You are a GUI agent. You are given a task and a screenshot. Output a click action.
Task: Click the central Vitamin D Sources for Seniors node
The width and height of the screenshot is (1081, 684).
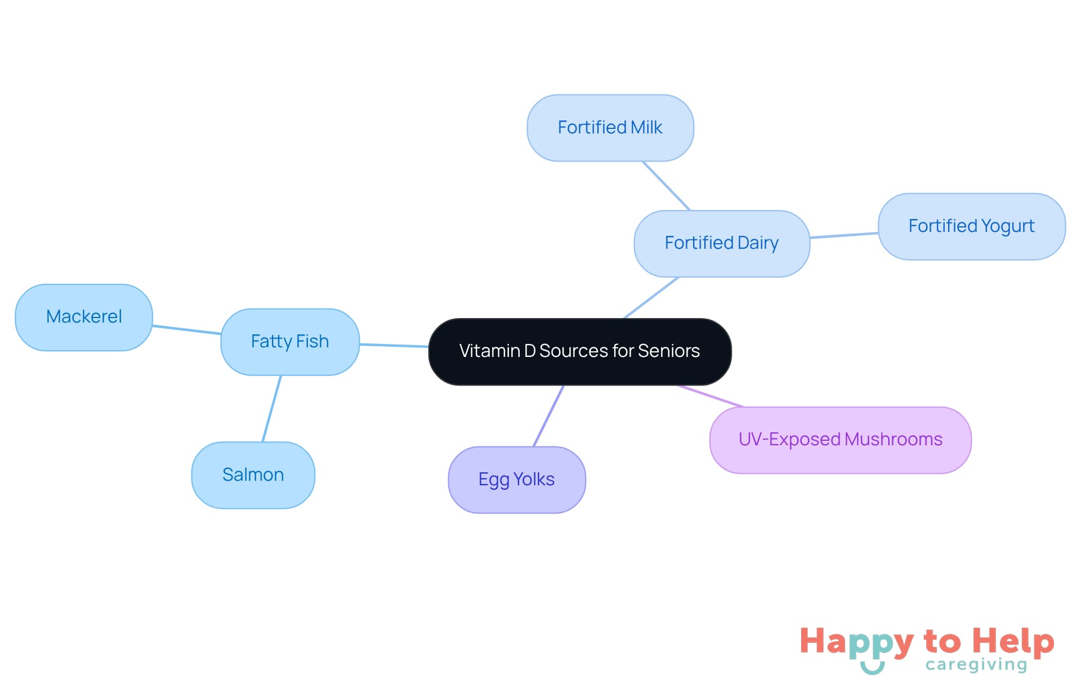pyautogui.click(x=580, y=352)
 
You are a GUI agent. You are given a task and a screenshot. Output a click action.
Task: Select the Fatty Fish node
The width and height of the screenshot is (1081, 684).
pyautogui.click(x=290, y=342)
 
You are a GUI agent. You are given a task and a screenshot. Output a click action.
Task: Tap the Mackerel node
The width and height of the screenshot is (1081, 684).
pyautogui.click(x=84, y=318)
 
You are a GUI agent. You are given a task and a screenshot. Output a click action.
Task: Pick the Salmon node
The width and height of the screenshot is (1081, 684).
pyautogui.click(x=253, y=475)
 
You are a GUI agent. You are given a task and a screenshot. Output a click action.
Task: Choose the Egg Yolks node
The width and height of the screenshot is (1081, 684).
pyautogui.click(x=516, y=480)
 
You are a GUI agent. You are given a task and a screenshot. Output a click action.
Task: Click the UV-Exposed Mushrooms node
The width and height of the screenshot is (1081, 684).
pyautogui.click(x=840, y=440)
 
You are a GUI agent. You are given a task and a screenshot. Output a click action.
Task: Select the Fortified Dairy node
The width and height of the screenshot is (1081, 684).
pyautogui.click(x=721, y=243)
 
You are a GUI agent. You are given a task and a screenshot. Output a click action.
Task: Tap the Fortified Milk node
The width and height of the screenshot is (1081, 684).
pyautogui.click(x=610, y=128)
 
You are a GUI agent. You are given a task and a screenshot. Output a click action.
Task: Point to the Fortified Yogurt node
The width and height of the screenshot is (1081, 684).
pyautogui.click(x=971, y=226)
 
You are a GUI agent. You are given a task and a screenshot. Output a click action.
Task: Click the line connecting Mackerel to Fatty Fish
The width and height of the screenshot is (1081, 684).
pyautogui.click(x=186, y=330)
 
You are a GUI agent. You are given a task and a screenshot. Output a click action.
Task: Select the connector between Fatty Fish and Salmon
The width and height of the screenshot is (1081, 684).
pyautogui.click(x=271, y=409)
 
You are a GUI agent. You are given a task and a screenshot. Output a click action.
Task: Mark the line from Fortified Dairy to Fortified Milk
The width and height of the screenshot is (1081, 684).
pyautogui.click(x=666, y=186)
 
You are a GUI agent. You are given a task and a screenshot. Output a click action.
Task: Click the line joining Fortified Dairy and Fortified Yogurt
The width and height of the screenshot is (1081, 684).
pyautogui.click(x=844, y=235)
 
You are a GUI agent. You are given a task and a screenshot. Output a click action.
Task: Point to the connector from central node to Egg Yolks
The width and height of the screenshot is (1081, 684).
pyautogui.click(x=548, y=416)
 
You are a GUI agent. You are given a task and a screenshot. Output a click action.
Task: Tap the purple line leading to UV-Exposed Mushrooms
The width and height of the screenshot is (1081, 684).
pyautogui.click(x=711, y=396)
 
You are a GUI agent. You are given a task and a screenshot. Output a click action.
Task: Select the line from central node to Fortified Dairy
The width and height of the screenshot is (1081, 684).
pyautogui.click(x=651, y=298)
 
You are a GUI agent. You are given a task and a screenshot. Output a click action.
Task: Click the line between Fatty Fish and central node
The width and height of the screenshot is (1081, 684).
pyautogui.click(x=394, y=345)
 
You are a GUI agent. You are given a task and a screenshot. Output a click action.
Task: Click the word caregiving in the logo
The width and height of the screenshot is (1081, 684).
pyautogui.click(x=976, y=665)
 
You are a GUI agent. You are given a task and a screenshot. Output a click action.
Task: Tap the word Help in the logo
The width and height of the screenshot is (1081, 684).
pyautogui.click(x=1013, y=641)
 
